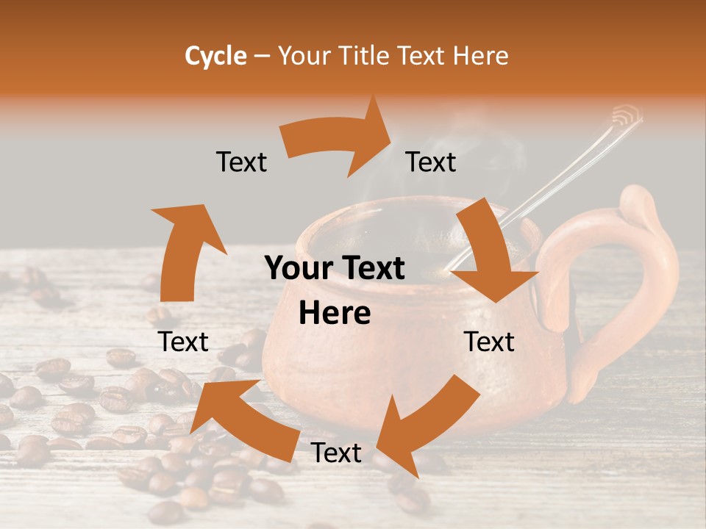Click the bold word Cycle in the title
click(x=215, y=56)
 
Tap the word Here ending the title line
click(x=480, y=56)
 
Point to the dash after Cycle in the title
click(x=262, y=57)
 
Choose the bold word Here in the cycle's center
click(x=335, y=314)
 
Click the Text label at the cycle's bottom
click(x=336, y=453)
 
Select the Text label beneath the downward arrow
click(x=489, y=342)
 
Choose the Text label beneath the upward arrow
click(x=183, y=342)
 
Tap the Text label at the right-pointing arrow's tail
click(x=241, y=162)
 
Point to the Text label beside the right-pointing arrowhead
click(x=431, y=162)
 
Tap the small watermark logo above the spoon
click(x=626, y=115)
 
